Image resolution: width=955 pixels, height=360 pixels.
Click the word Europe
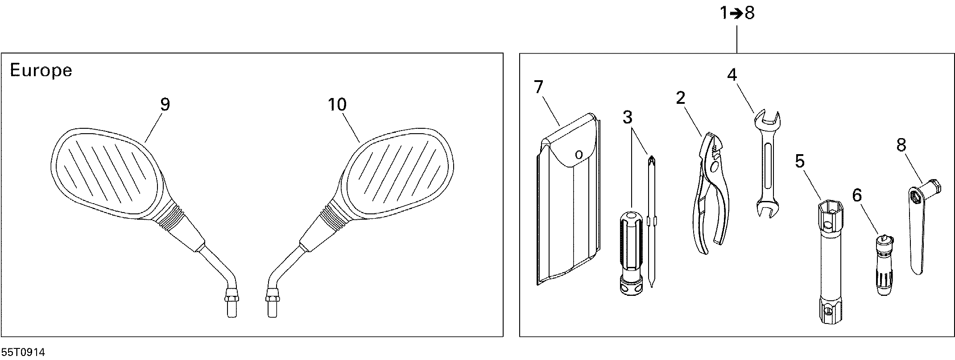pyautogui.click(x=41, y=71)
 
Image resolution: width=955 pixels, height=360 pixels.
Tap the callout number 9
pyautogui.click(x=165, y=105)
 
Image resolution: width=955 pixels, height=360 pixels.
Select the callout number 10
pyautogui.click(x=337, y=105)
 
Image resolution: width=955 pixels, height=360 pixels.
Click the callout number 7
pyautogui.click(x=538, y=87)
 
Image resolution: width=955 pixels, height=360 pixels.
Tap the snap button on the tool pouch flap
pyautogui.click(x=579, y=155)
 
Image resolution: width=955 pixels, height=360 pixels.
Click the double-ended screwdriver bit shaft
pyautogui.click(x=652, y=223)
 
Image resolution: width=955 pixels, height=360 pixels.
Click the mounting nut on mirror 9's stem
pyautogui.click(x=231, y=295)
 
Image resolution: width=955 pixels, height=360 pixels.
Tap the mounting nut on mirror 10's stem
pyautogui.click(x=272, y=295)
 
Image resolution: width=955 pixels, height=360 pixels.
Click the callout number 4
pyautogui.click(x=732, y=75)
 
